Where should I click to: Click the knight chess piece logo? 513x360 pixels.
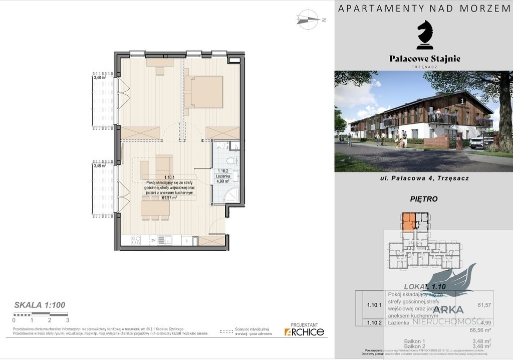coord(425,35)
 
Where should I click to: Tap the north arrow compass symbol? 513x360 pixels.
coord(309,20)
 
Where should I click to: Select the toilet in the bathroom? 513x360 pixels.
coord(231,161)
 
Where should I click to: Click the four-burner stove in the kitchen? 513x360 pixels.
coord(136,241)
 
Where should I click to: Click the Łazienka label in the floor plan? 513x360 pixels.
coord(223,176)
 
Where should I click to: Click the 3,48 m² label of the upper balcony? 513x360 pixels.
coord(99,77)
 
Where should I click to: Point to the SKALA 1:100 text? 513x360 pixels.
coord(40,304)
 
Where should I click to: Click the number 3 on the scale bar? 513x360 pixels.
coord(67,319)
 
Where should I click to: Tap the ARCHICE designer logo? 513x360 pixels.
coord(304,331)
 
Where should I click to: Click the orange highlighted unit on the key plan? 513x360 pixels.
coord(409,221)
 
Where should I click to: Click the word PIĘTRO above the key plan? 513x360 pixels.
coord(424,199)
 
